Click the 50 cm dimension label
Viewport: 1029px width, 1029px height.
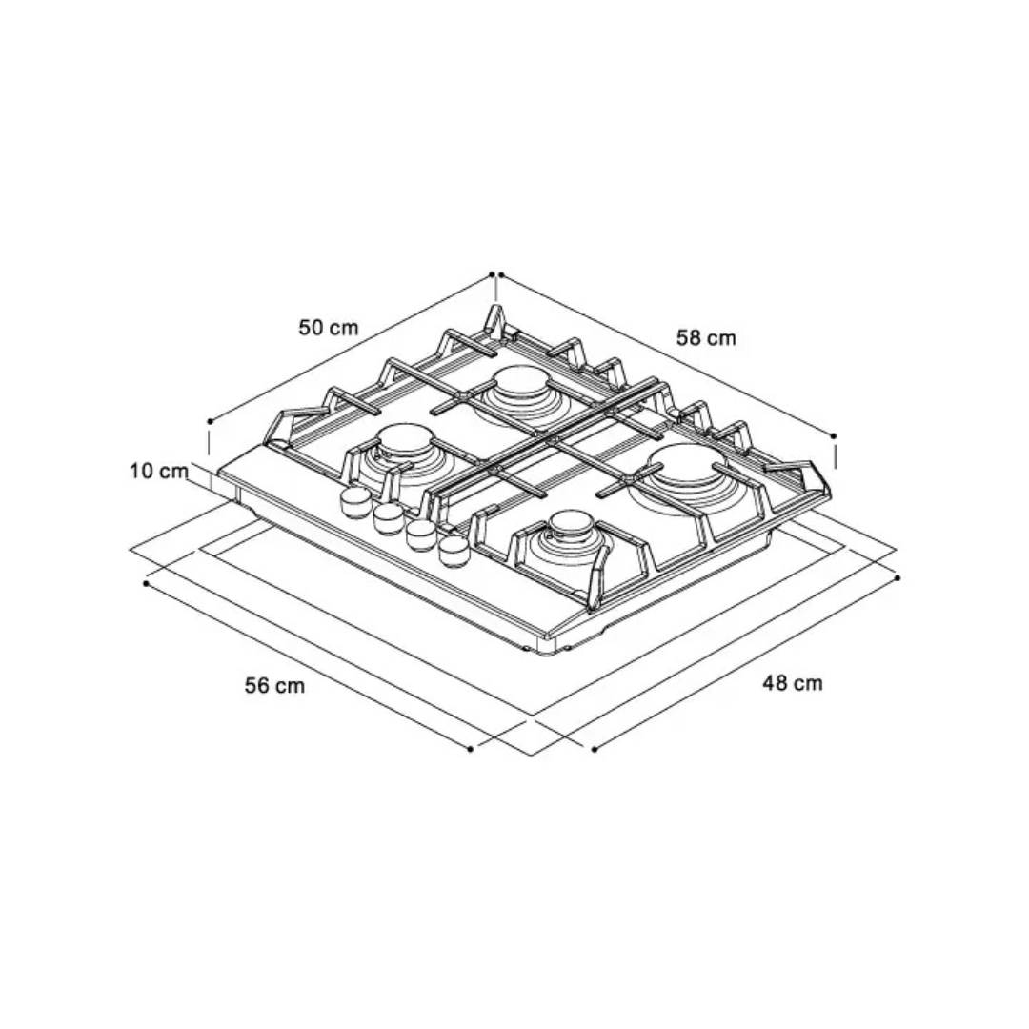pyautogui.click(x=329, y=327)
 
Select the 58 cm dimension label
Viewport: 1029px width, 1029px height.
pyautogui.click(x=706, y=338)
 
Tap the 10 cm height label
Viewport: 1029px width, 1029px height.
pyautogui.click(x=159, y=471)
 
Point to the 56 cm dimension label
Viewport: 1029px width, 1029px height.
pyautogui.click(x=275, y=686)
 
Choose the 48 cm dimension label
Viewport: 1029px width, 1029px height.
pyautogui.click(x=792, y=683)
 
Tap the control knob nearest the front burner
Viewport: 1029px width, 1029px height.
pyautogui.click(x=454, y=552)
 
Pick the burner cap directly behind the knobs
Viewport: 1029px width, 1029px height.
pyautogui.click(x=405, y=438)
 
